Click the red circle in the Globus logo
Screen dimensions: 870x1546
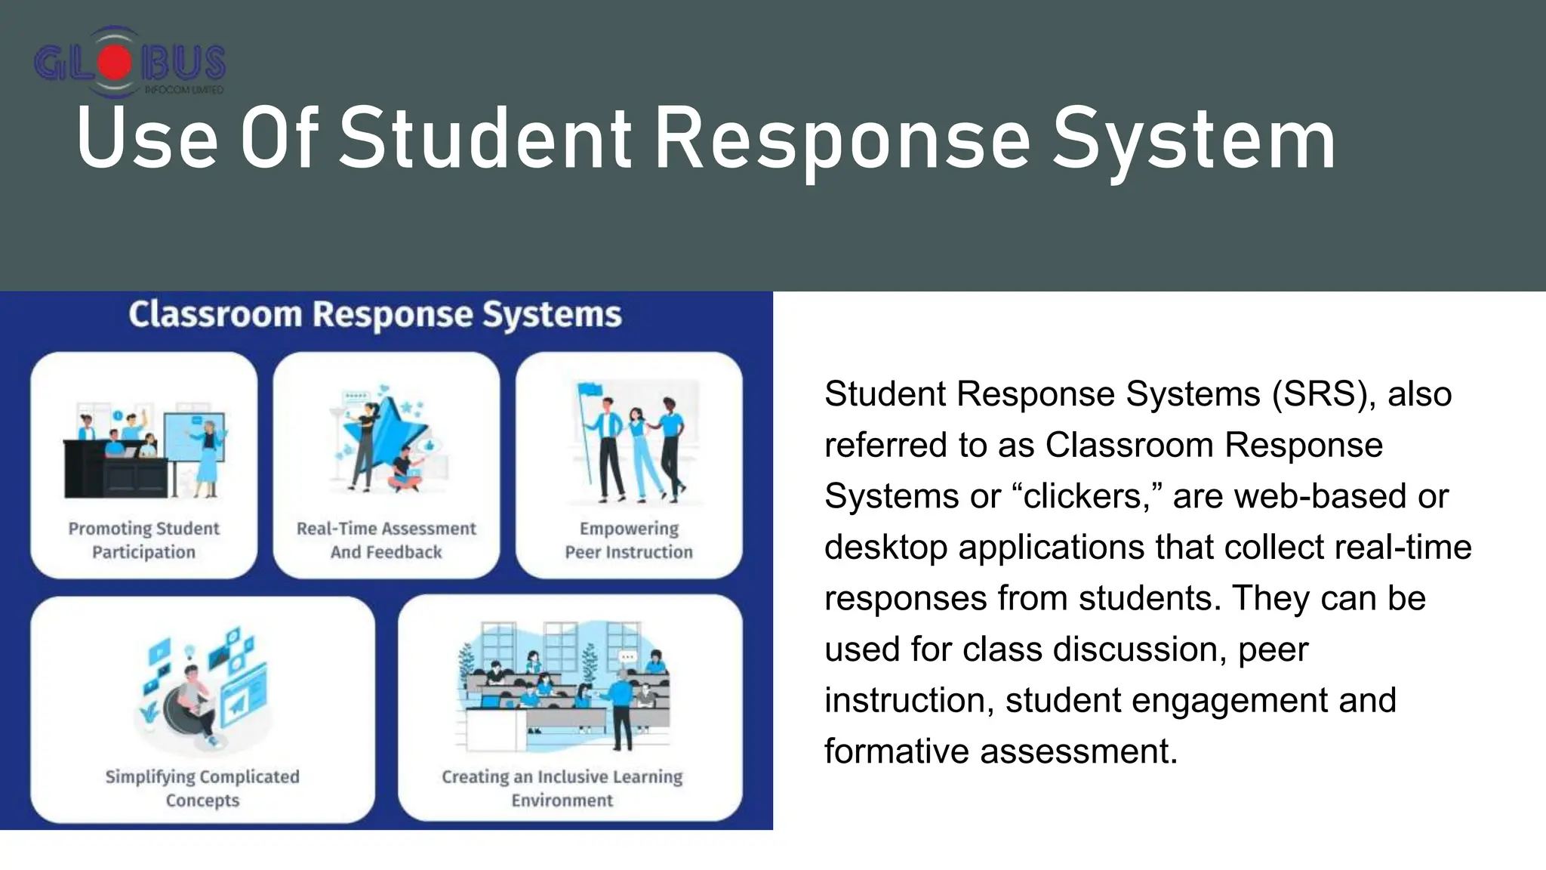114,62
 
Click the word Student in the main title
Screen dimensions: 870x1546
485,139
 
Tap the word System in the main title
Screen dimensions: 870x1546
1193,139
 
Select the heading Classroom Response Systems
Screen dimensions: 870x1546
374,315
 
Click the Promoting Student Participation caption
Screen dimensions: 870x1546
143,540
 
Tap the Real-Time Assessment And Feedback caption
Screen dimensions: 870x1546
386,540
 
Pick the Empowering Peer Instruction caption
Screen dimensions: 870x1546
629,540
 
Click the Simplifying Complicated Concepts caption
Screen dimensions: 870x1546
202,788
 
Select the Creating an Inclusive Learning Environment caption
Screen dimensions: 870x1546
562,788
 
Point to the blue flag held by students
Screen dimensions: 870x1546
589,391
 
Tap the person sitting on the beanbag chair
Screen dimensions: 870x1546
192,699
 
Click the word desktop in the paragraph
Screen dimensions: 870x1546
885,548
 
